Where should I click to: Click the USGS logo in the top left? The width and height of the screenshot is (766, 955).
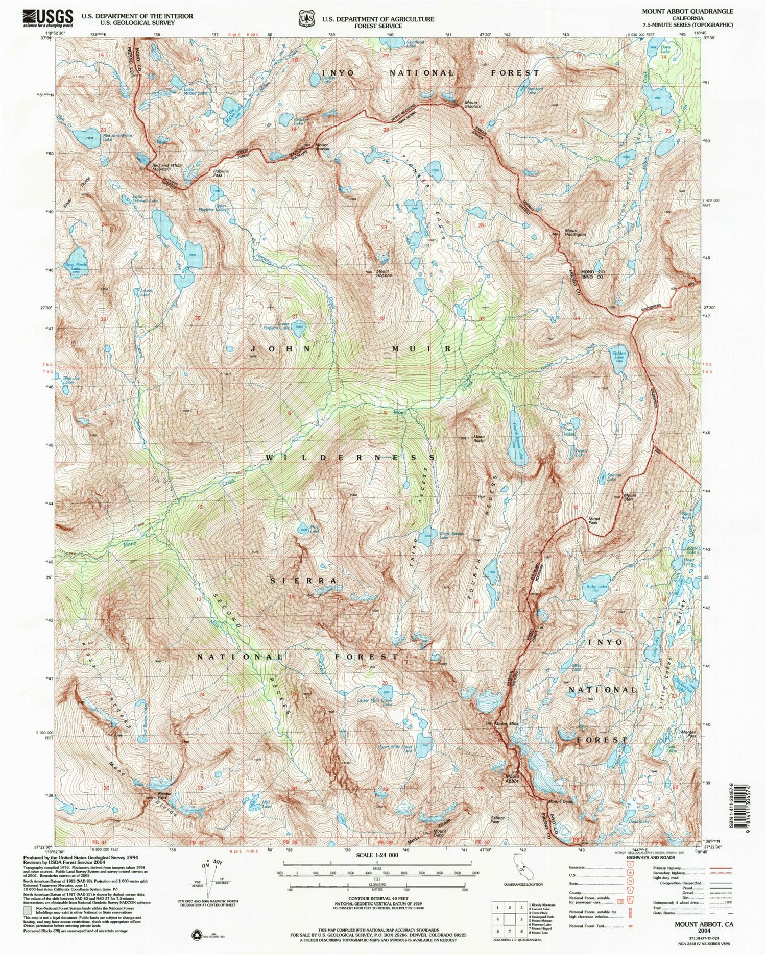(47, 18)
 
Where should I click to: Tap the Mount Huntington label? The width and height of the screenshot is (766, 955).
(574, 232)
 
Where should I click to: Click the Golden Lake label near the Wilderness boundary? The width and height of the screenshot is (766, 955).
(619, 356)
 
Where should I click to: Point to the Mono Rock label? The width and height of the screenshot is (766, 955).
(478, 438)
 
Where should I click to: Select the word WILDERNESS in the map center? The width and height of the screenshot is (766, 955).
(350, 458)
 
